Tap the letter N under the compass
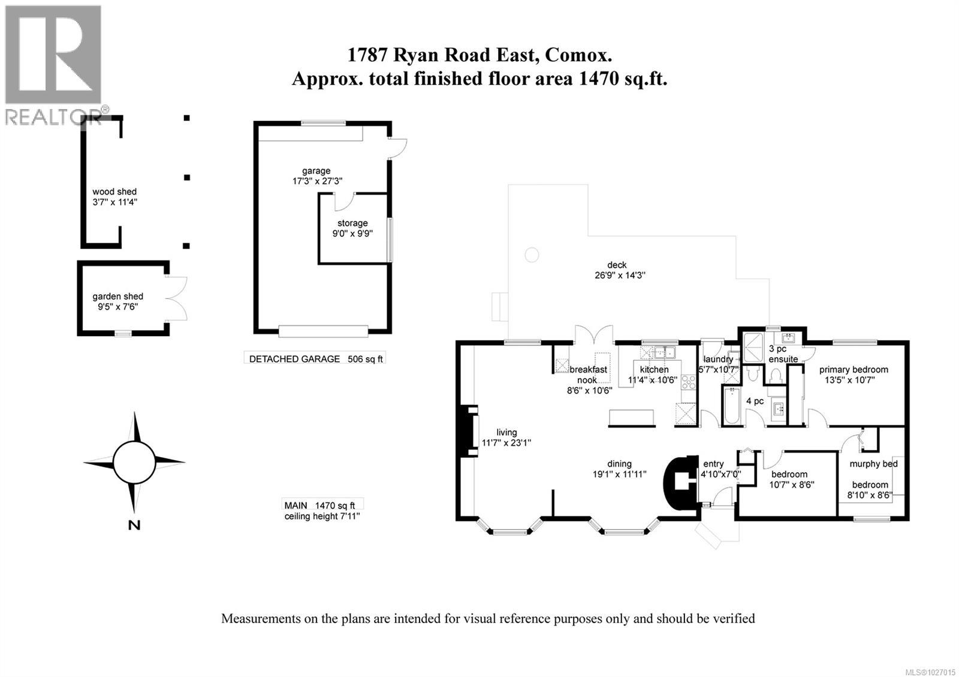click(x=134, y=525)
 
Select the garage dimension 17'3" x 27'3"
click(x=316, y=180)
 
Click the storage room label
click(x=352, y=223)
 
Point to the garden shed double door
click(x=177, y=298)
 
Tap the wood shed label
click(x=114, y=192)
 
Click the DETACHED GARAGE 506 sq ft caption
click(x=316, y=359)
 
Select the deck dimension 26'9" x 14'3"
click(x=617, y=276)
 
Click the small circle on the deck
click(x=532, y=255)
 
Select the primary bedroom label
click(x=854, y=370)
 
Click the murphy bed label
click(x=873, y=464)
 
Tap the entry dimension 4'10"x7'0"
click(x=721, y=474)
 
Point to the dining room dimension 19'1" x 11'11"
click(x=619, y=473)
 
